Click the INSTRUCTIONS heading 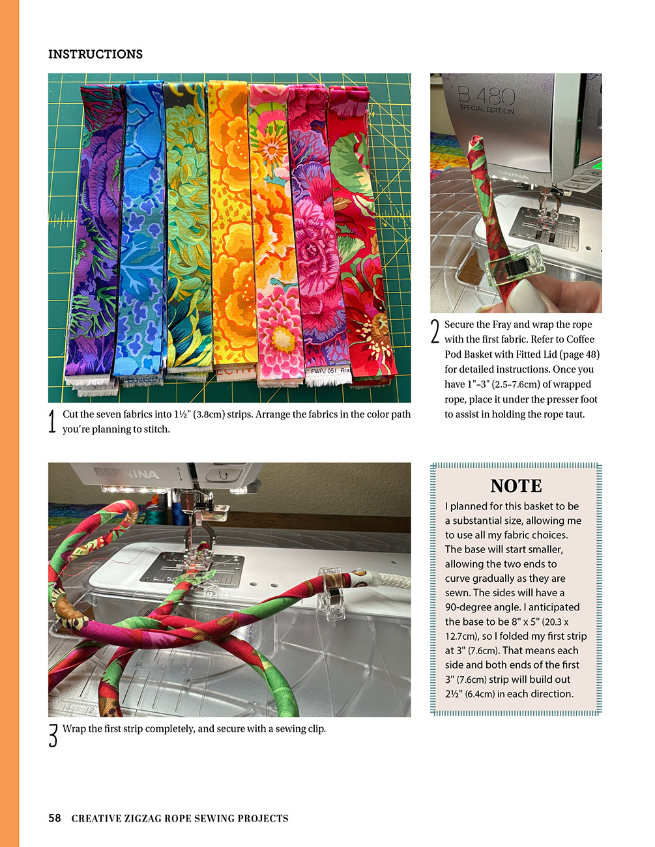[95, 54]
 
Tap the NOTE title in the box [516, 486]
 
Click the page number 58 [55, 818]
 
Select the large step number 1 [53, 422]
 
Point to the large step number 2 [435, 332]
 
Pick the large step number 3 [53, 736]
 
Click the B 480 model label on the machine [486, 98]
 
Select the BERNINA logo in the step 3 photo [126, 474]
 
